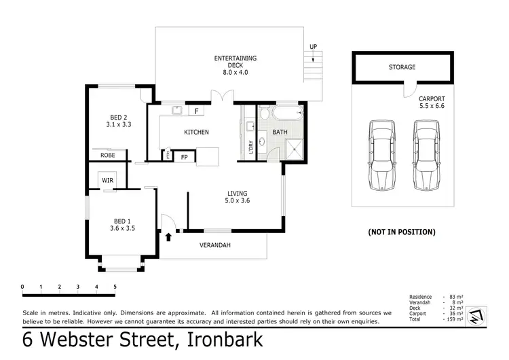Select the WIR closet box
tap(107, 180)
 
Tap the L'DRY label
tap(251, 146)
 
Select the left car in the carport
tap(381, 156)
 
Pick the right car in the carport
tap(425, 156)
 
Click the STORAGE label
tap(402, 67)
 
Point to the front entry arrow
tap(168, 236)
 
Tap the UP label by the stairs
tap(313, 47)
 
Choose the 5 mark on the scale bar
tap(115, 287)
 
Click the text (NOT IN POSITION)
tap(401, 232)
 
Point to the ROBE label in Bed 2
tap(108, 155)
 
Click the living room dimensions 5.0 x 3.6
tap(238, 200)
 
